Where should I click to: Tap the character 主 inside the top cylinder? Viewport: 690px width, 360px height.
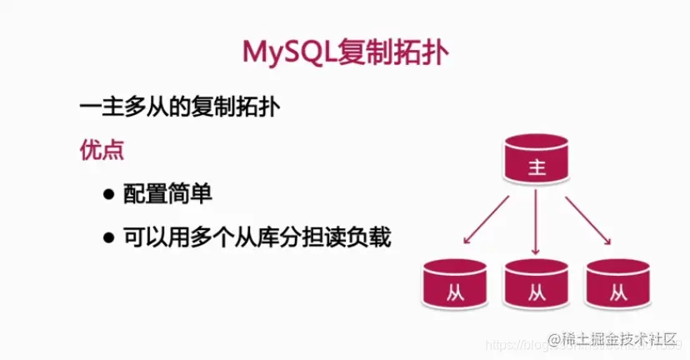click(536, 168)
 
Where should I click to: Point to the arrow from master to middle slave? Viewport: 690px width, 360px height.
click(536, 222)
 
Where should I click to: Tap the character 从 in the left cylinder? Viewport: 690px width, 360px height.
click(454, 292)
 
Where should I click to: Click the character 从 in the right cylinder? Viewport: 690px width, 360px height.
click(617, 292)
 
